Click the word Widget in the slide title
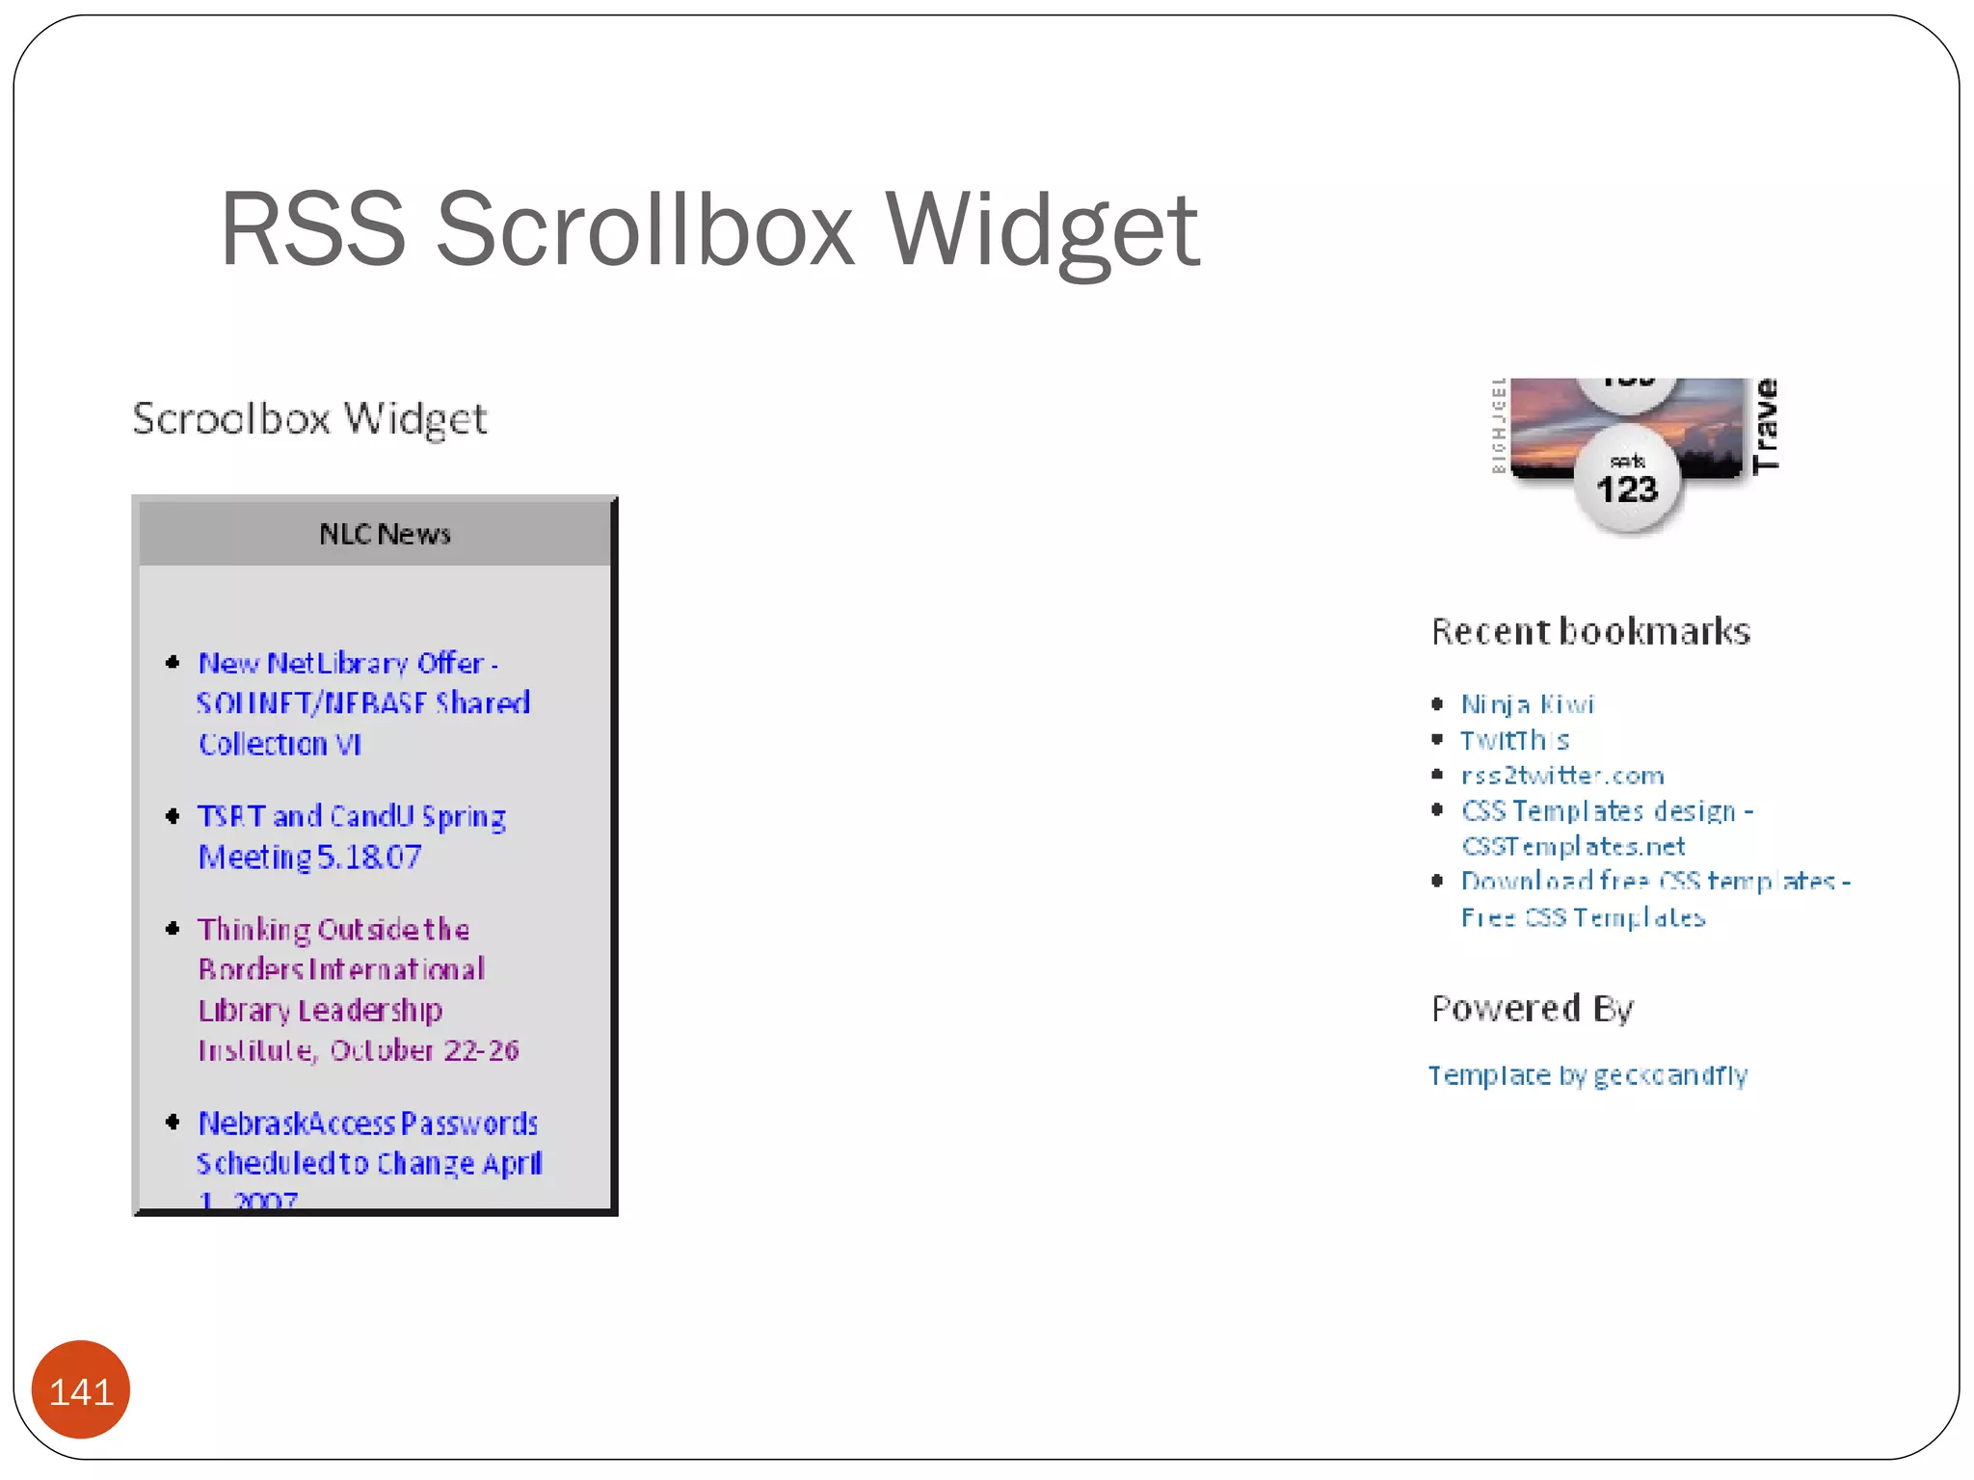pyautogui.click(x=1042, y=230)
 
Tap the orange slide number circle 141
pyautogui.click(x=81, y=1390)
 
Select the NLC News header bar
pyautogui.click(x=376, y=533)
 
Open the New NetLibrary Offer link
pyautogui.click(x=362, y=703)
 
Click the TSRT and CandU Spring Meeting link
pyautogui.click(x=351, y=836)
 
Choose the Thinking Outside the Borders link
pyautogui.click(x=357, y=989)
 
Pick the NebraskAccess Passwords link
pyautogui.click(x=368, y=1144)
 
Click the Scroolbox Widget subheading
pyautogui.click(x=309, y=419)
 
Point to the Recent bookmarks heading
pyautogui.click(x=1590, y=632)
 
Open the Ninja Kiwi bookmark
pyautogui.click(x=1528, y=704)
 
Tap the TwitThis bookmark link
pyautogui.click(x=1514, y=740)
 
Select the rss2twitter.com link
pyautogui.click(x=1562, y=776)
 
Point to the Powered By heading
pyautogui.click(x=1533, y=1009)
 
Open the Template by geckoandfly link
pyautogui.click(x=1587, y=1075)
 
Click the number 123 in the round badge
pyautogui.click(x=1627, y=490)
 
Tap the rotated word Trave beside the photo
pyautogui.click(x=1766, y=425)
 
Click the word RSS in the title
pyautogui.click(x=313, y=230)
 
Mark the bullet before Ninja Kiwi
pyautogui.click(x=1437, y=704)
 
